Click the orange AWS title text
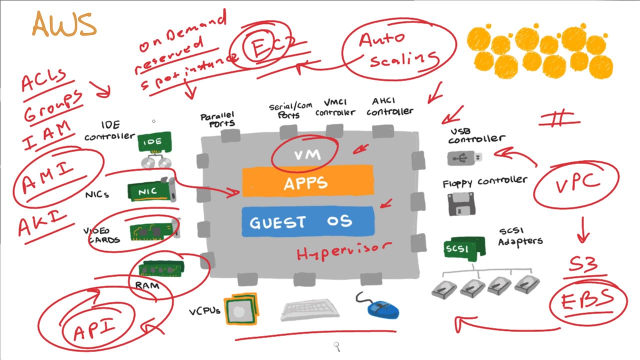point(64,24)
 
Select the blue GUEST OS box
point(307,221)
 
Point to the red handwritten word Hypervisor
point(343,251)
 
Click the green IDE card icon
point(154,142)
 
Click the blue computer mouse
point(382,308)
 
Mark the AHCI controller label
point(390,106)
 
